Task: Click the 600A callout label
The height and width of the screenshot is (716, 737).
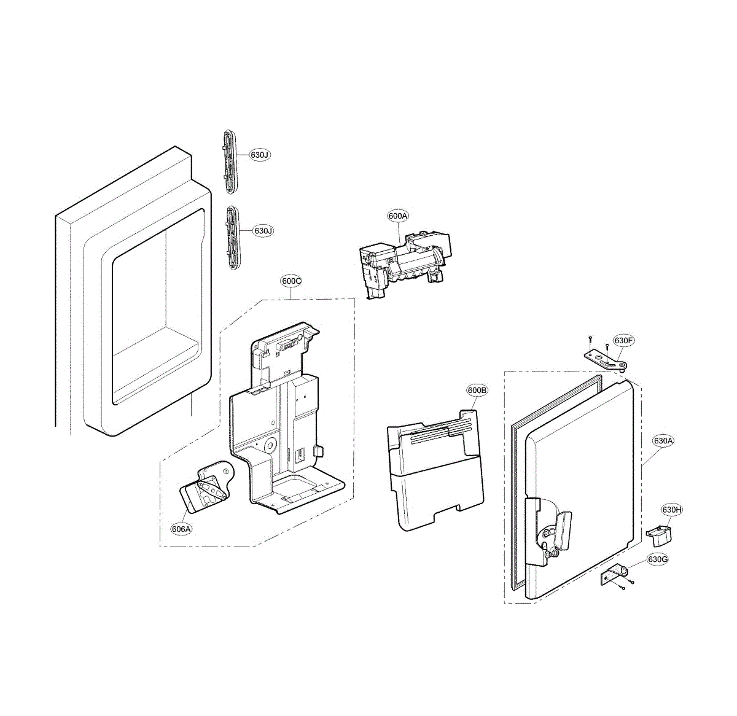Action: point(398,216)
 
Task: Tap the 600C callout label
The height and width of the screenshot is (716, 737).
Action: point(291,281)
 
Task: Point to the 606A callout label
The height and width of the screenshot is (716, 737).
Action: point(181,529)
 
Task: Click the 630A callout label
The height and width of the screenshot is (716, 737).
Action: point(663,441)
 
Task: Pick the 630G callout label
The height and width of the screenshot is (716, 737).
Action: point(658,559)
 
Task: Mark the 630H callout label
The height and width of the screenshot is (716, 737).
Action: point(672,510)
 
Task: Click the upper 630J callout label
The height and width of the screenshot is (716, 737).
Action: point(260,155)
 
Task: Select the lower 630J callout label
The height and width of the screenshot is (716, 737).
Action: point(263,230)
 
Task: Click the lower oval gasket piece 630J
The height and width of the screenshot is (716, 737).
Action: point(232,236)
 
